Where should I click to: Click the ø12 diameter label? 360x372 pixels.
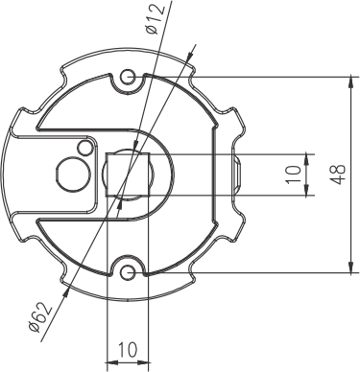pos(156,18)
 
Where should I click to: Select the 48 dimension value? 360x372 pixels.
pos(338,174)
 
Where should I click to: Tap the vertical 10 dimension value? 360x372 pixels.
pos(294,174)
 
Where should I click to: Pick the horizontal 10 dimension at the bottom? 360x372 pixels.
pos(128,350)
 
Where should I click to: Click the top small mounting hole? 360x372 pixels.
pos(128,77)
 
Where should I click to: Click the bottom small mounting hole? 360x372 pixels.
pos(128,272)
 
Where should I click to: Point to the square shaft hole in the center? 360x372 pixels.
pos(128,174)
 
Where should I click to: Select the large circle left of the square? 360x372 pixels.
pos(73,174)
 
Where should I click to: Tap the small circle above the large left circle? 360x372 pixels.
pos(84,148)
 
